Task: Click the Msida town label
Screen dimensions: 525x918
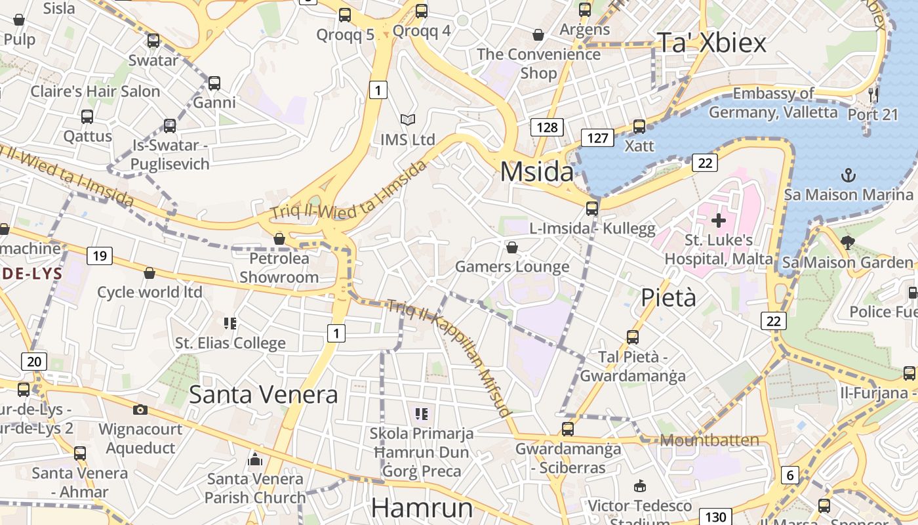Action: [536, 172]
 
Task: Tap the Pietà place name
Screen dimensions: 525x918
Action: [668, 297]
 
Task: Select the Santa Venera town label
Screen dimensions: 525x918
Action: [264, 394]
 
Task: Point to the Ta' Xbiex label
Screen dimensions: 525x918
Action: [711, 43]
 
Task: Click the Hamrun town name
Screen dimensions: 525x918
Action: [422, 509]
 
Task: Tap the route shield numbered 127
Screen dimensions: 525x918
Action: [597, 138]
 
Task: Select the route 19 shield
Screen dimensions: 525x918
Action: [99, 255]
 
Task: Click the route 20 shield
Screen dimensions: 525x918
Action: [34, 361]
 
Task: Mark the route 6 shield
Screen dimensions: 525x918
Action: [790, 475]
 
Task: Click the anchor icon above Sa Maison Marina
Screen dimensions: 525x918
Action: [848, 175]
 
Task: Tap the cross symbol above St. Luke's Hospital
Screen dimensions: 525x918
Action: [719, 220]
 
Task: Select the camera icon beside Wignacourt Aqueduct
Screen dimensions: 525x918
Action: [140, 410]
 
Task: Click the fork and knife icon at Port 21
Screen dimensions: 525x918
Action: [873, 94]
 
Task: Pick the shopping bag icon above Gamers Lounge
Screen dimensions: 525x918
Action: [512, 247]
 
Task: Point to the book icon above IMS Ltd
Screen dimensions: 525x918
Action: [408, 120]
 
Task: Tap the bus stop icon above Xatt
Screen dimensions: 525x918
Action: [639, 127]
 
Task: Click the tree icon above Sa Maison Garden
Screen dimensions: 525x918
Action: [848, 243]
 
